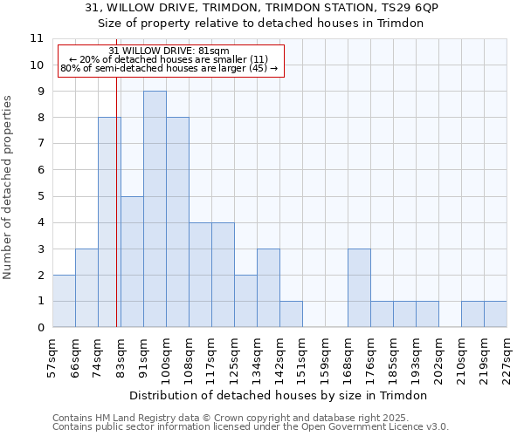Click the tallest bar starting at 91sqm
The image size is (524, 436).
tap(155, 209)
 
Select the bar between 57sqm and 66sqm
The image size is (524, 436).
tap(64, 301)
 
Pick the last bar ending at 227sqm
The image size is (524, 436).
tap(495, 314)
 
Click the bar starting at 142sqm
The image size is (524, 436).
tap(291, 314)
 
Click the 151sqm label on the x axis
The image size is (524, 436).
tap(302, 356)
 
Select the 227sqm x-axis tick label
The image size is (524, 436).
tap(507, 356)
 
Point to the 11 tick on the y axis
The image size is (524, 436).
tap(37, 38)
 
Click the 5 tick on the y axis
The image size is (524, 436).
tap(40, 196)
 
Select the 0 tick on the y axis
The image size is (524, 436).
tap(40, 328)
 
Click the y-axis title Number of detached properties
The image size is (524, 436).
tap(9, 187)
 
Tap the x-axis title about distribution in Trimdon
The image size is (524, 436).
tap(284, 395)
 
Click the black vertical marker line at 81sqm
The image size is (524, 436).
tap(117, 218)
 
